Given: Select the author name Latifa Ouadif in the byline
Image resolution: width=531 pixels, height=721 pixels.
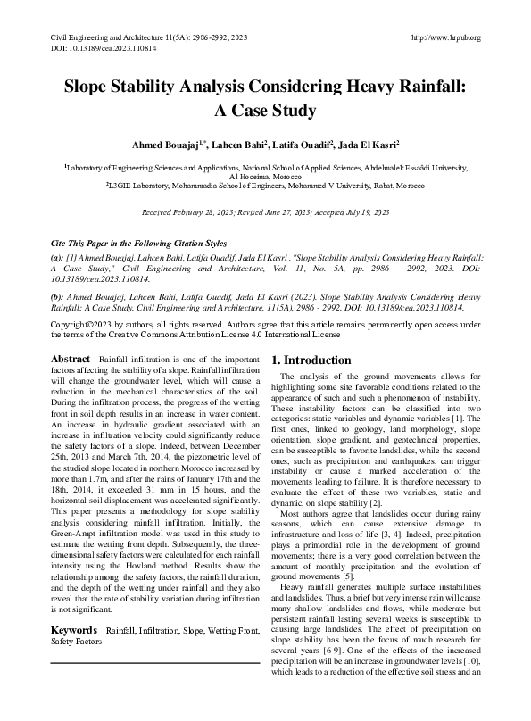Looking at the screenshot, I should tap(303, 144).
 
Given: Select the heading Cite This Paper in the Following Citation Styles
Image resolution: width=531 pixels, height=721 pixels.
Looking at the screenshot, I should tap(138, 243).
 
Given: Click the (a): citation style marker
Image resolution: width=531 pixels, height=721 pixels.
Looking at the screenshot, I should tap(57, 255).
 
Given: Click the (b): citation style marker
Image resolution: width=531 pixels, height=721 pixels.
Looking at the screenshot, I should tap(57, 295).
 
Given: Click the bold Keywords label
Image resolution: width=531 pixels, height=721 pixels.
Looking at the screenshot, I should tap(73, 629).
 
